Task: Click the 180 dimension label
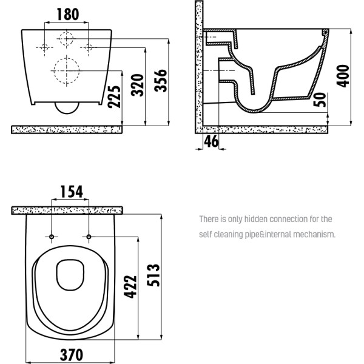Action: tap(68, 13)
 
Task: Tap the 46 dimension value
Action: tap(211, 142)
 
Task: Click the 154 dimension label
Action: tap(70, 192)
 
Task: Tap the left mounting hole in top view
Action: tap(52, 235)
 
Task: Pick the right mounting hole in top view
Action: tap(89, 235)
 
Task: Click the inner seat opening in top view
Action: tap(70, 275)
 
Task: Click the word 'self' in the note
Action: tap(206, 234)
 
